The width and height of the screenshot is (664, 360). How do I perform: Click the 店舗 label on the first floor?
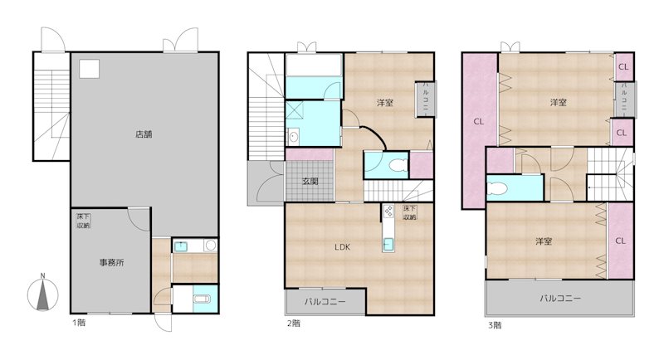tap(144, 134)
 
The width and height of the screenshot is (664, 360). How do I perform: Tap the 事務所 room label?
tap(112, 262)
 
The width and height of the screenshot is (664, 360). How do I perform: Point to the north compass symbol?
tap(43, 294)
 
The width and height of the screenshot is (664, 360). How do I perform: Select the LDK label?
tap(342, 247)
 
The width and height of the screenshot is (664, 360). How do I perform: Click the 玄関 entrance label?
tap(310, 182)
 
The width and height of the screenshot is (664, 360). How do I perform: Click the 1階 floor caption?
tap(79, 323)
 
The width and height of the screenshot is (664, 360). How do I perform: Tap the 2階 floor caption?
tap(294, 324)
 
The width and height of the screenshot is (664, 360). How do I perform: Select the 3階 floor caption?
tap(495, 325)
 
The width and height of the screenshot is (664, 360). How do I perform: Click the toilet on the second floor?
tap(398, 165)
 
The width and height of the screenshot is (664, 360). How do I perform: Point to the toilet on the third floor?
tap(496, 188)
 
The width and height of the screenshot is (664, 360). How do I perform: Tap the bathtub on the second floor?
tap(314, 65)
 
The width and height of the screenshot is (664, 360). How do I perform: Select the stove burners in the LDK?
tap(388, 212)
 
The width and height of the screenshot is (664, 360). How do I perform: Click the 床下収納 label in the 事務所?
tap(84, 221)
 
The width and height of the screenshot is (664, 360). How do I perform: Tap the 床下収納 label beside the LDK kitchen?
tap(409, 213)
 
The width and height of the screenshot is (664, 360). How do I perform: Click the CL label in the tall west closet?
tap(479, 122)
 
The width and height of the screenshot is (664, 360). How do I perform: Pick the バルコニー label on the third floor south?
tap(559, 299)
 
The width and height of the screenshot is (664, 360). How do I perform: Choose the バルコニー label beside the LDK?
tap(325, 302)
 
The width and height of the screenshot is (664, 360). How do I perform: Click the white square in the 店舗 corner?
tap(89, 69)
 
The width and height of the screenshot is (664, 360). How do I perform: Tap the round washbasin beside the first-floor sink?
tap(210, 246)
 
